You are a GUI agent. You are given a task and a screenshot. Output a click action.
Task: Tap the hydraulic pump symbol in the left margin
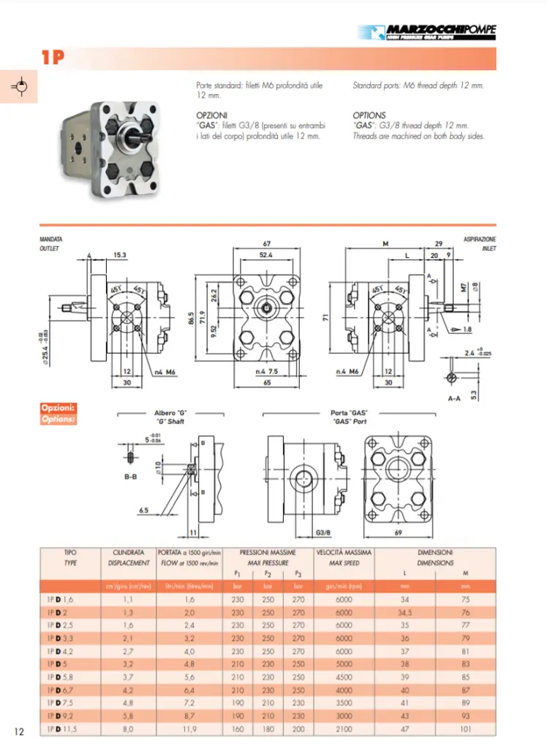tap(20, 87)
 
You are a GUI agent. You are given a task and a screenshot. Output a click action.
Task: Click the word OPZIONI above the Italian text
tap(211, 115)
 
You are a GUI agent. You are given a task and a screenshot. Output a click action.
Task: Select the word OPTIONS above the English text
tap(369, 115)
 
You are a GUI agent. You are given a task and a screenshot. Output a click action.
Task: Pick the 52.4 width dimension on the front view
tap(265, 255)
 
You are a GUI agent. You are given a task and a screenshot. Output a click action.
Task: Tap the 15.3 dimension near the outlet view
tap(120, 255)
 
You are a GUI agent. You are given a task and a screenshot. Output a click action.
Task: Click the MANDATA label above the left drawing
tap(50, 240)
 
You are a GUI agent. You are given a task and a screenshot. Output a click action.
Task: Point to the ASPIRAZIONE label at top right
tap(480, 240)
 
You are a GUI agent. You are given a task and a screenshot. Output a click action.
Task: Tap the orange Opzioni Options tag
tap(58, 413)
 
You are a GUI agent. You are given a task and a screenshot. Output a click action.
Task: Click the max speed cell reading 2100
tap(344, 729)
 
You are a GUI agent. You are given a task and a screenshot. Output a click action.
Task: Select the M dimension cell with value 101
tap(465, 729)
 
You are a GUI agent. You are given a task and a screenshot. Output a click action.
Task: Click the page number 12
tap(20, 731)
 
